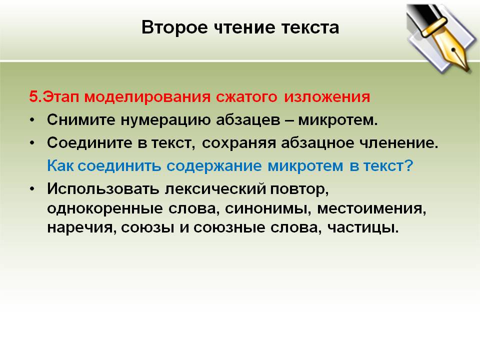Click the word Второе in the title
coord(174,28)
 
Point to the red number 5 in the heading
coord(33,96)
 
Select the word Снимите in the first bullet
coord(81,119)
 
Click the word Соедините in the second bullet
coord(89,142)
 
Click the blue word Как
coord(60,166)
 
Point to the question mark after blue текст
coord(408,166)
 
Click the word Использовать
coord(103,189)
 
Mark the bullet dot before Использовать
coord(32,189)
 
